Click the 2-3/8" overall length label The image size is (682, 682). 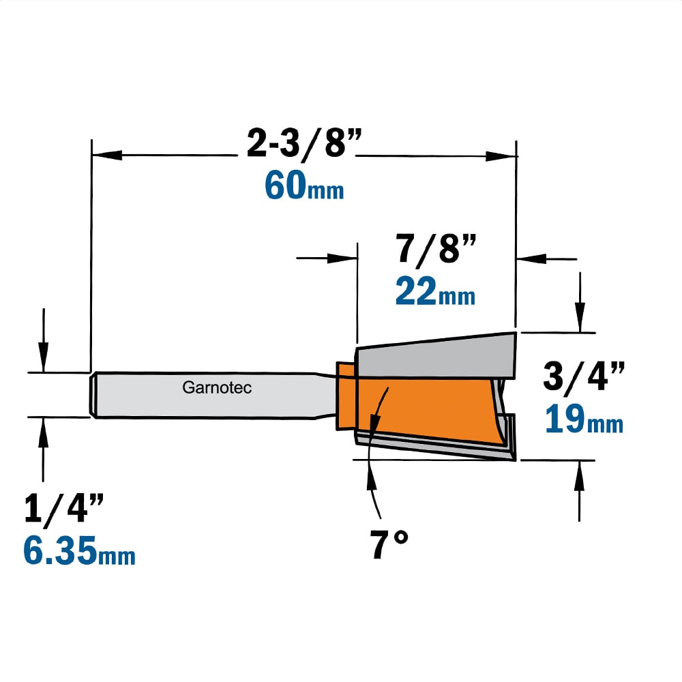pos(304,143)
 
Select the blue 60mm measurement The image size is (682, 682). pos(304,186)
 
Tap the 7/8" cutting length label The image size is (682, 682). pos(436,248)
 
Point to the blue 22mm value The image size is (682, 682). pos(435,291)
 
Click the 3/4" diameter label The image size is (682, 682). pos(584,376)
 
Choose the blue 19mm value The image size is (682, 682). pos(584,419)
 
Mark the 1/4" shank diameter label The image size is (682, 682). pos(64,508)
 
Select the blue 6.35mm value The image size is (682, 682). pos(79,550)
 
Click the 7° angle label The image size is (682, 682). pos(389,544)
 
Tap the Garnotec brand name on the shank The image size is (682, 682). pos(217,387)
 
